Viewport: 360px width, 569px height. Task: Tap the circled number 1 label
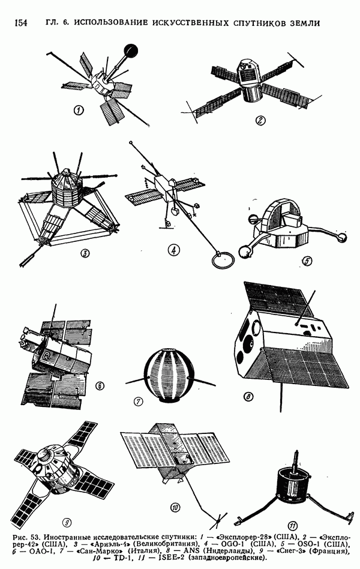pos(79,110)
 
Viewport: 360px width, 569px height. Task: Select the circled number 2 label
pos(260,120)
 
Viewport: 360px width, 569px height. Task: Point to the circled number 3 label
pos(85,253)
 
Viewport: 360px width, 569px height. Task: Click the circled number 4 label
pos(173,250)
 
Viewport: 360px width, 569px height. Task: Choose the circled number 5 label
pos(307,260)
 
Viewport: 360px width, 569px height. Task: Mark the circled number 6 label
pos(100,385)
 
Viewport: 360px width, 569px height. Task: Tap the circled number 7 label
pos(138,402)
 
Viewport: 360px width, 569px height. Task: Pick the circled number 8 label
pos(248,397)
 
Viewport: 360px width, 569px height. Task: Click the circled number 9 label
pos(67,522)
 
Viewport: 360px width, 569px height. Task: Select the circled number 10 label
pos(175,507)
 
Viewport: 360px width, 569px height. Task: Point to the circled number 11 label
pos(293,526)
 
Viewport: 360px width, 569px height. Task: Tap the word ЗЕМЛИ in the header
pos(305,23)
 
